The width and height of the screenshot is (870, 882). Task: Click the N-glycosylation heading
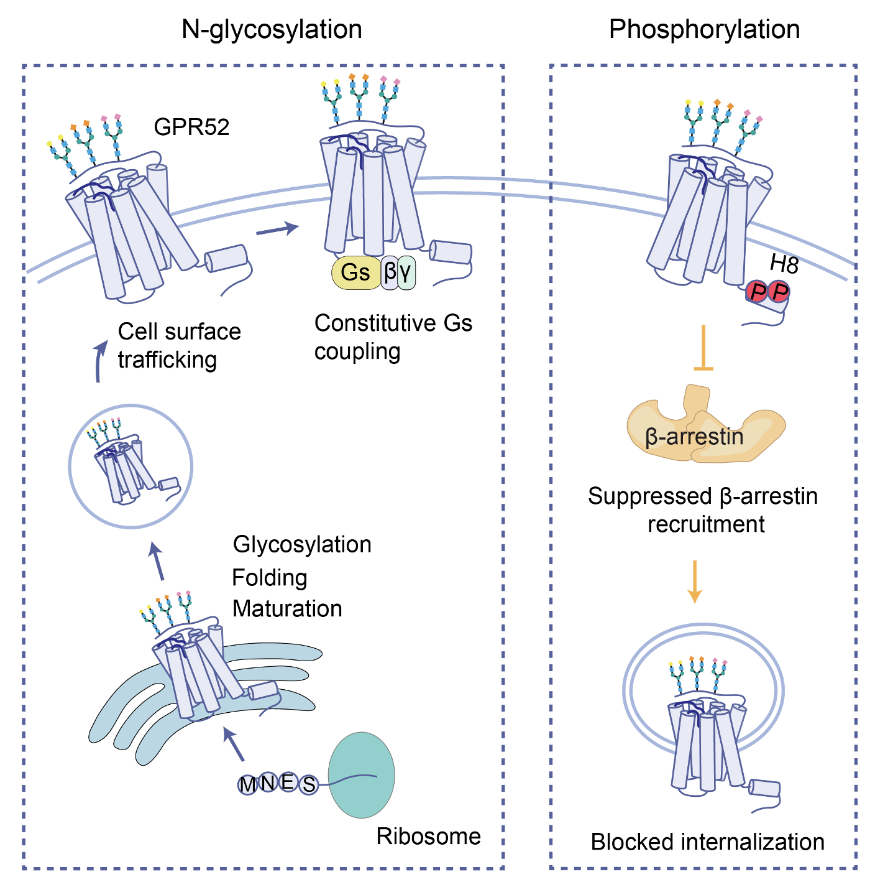272,29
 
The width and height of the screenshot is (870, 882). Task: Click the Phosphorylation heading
704,29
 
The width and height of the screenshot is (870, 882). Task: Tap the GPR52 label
191,127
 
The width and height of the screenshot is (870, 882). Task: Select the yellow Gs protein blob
355,272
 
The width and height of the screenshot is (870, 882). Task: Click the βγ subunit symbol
398,271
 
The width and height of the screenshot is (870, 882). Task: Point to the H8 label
784,264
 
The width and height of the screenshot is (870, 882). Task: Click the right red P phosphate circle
779,291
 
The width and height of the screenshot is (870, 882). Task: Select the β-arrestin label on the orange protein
694,437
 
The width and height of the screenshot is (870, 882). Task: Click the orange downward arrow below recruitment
695,582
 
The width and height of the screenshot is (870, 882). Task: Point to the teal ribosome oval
361,774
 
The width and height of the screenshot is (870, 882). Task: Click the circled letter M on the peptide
247,784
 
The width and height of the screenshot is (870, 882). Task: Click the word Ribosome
428,837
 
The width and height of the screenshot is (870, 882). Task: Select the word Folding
270,578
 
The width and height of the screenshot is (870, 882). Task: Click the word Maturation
287,608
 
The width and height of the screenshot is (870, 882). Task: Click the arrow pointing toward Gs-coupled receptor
277,230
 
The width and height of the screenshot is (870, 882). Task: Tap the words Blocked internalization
707,842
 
